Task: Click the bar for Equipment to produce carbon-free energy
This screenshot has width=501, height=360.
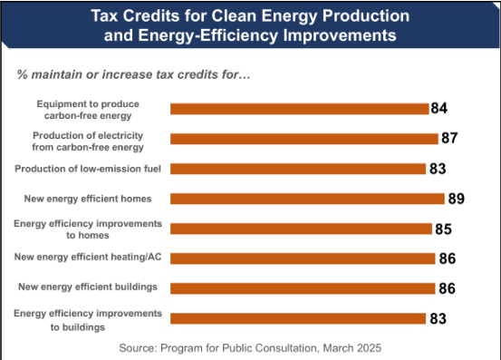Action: pyautogui.click(x=299, y=109)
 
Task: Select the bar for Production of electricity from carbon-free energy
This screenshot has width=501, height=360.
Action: pyautogui.click(x=303, y=139)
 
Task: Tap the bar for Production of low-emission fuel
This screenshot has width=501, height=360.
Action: pyautogui.click(x=298, y=169)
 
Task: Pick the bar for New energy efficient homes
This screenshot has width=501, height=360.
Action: pyautogui.click(x=307, y=199)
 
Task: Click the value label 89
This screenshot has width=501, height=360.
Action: pyautogui.click(x=455, y=199)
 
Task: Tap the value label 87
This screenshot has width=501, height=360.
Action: pyautogui.click(x=449, y=139)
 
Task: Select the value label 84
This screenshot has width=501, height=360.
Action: pyautogui.click(x=439, y=109)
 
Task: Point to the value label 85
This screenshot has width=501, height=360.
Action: pyautogui.click(x=443, y=229)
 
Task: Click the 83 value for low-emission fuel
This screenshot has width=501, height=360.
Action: pyautogui.click(x=438, y=169)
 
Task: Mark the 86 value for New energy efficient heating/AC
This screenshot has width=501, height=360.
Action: pyautogui.click(x=447, y=258)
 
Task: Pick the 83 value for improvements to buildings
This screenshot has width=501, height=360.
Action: pyautogui.click(x=438, y=318)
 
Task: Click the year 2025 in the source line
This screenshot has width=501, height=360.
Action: pyautogui.click(x=367, y=347)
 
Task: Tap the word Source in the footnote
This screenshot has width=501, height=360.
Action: pyautogui.click(x=140, y=347)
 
